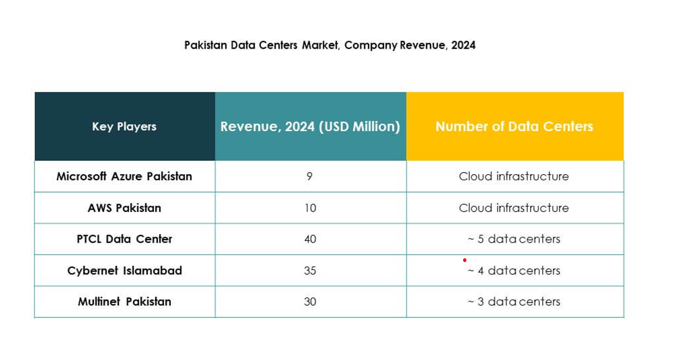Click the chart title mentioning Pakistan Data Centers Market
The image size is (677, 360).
330,45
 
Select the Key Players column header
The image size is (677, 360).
124,127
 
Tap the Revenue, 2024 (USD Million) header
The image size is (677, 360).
310,127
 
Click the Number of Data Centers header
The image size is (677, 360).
514,127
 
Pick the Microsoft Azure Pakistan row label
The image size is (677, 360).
124,176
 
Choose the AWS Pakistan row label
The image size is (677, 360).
124,208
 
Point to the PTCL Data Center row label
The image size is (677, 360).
124,239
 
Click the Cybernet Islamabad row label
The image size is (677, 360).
124,270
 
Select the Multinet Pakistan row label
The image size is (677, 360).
124,301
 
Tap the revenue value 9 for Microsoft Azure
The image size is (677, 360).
309,176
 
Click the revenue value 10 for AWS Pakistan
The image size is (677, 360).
310,208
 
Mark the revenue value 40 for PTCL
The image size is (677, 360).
310,239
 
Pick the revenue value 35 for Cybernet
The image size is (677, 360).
310,270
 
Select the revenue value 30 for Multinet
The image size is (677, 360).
310,301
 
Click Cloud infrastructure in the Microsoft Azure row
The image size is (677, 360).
513,176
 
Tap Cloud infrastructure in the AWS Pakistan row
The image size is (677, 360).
513,208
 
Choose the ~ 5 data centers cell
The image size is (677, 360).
513,239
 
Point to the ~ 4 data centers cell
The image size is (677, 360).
513,270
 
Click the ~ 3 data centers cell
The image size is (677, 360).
513,301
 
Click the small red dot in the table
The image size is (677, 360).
465,260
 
